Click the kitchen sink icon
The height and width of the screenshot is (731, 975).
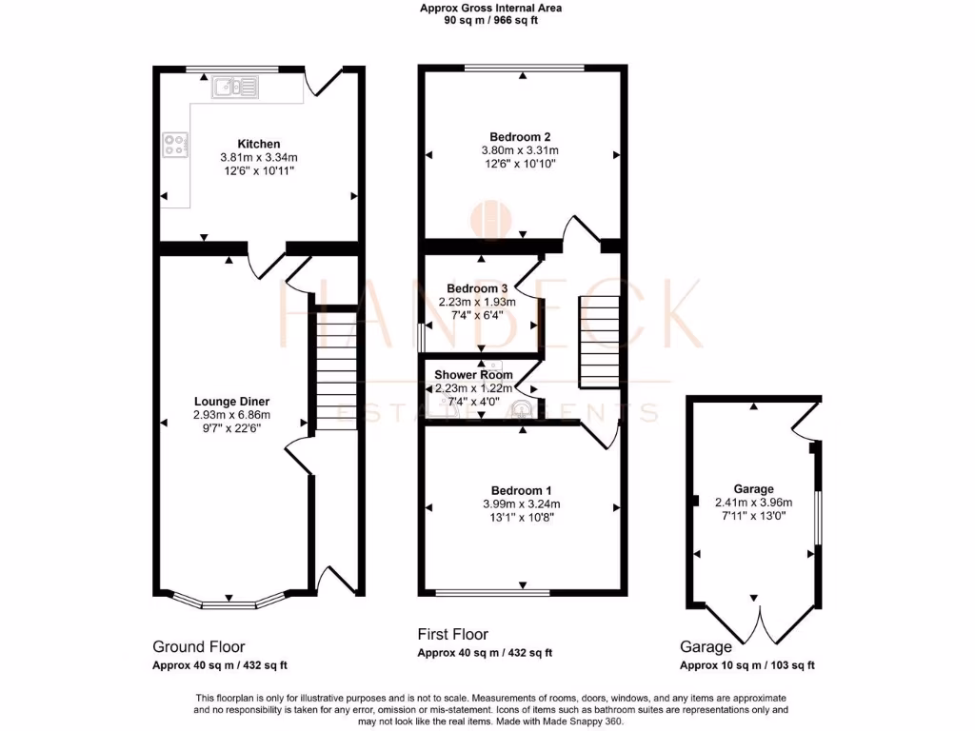235,88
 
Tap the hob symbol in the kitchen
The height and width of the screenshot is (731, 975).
175,144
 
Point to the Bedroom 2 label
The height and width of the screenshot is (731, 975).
521,136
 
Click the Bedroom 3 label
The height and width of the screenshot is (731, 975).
477,288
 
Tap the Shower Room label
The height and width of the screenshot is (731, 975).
474,374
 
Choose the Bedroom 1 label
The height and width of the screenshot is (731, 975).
521,490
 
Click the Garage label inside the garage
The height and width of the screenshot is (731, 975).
753,488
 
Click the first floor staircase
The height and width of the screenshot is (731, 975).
599,337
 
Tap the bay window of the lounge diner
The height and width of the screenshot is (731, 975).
229,601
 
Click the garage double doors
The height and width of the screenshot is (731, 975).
757,623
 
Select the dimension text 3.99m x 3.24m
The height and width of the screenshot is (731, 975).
521,504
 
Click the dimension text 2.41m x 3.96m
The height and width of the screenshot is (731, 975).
754,503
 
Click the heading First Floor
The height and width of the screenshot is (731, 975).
453,634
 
